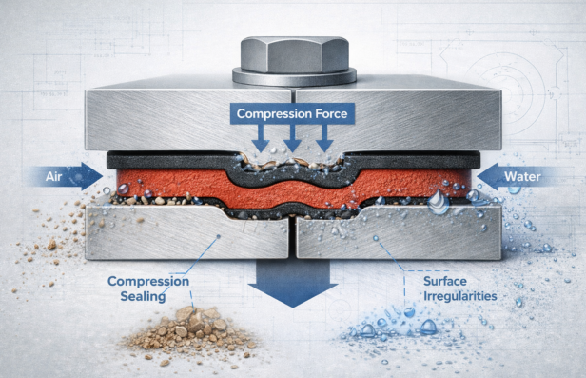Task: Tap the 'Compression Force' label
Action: (293, 115)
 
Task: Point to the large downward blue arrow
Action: (292, 281)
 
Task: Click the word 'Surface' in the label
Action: (448, 281)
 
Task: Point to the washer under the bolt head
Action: (292, 78)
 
